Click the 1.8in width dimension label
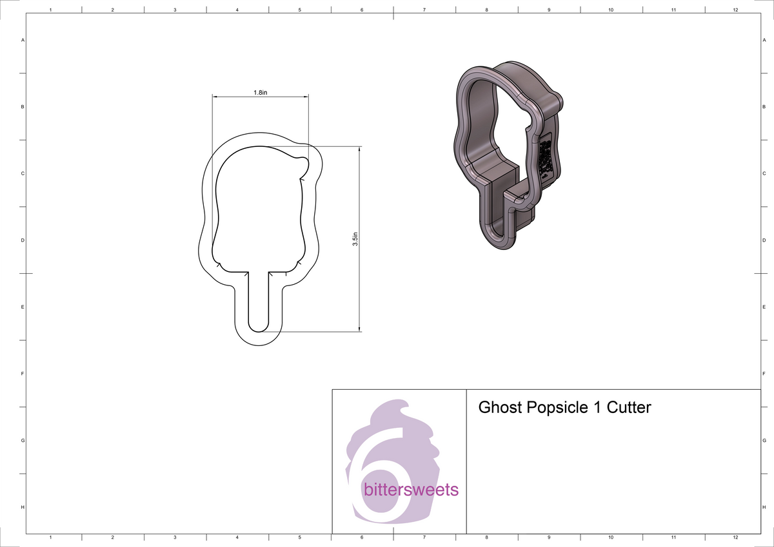[x=260, y=93]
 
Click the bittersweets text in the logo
[x=411, y=490]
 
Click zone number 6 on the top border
[x=361, y=10]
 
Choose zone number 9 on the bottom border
[x=548, y=537]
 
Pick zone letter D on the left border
[x=23, y=240]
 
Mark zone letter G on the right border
[x=764, y=441]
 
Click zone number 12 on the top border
[x=735, y=10]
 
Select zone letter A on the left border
[x=23, y=40]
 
